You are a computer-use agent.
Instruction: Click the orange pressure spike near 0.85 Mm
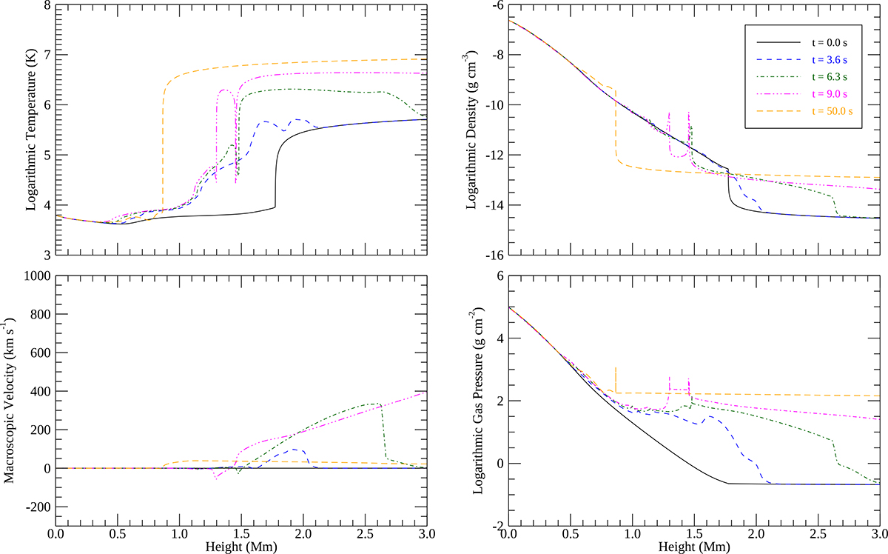tap(615, 373)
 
